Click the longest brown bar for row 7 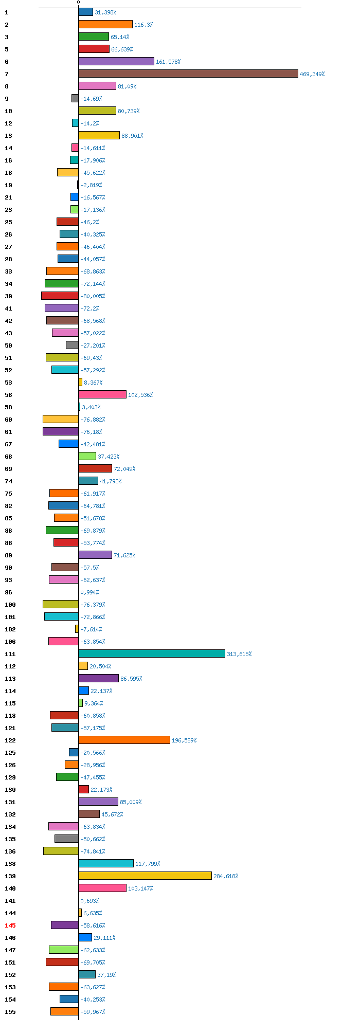click(x=188, y=74)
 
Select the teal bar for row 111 click(x=152, y=653)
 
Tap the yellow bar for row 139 click(x=145, y=876)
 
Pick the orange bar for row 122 click(x=124, y=740)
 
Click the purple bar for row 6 click(x=116, y=61)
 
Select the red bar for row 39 click(x=60, y=296)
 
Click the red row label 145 click(x=10, y=925)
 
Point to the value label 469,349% click(x=312, y=74)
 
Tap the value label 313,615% click(x=239, y=654)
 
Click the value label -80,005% click(x=93, y=296)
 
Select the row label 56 click(x=8, y=395)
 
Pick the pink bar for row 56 click(x=102, y=394)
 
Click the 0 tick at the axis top click(x=78, y=3)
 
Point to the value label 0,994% click(x=89, y=592)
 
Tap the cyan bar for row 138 click(x=106, y=863)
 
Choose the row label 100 click(x=10, y=605)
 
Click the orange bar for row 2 click(x=105, y=24)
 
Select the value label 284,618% click(x=226, y=876)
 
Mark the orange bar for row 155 click(x=64, y=1011)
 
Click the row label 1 click(x=7, y=12)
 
